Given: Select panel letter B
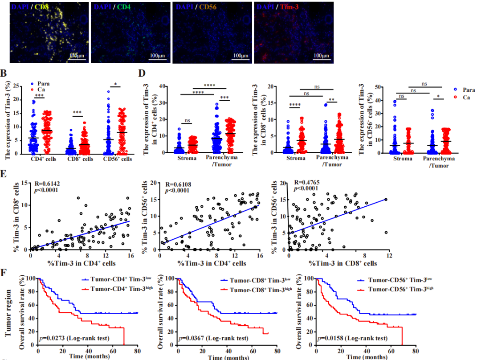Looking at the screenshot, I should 4,74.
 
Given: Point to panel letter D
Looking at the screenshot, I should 142,74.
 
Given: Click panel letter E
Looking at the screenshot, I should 4,173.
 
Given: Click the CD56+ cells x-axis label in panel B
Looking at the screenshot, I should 119,158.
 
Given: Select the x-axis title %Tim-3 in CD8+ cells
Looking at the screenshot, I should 339,263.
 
